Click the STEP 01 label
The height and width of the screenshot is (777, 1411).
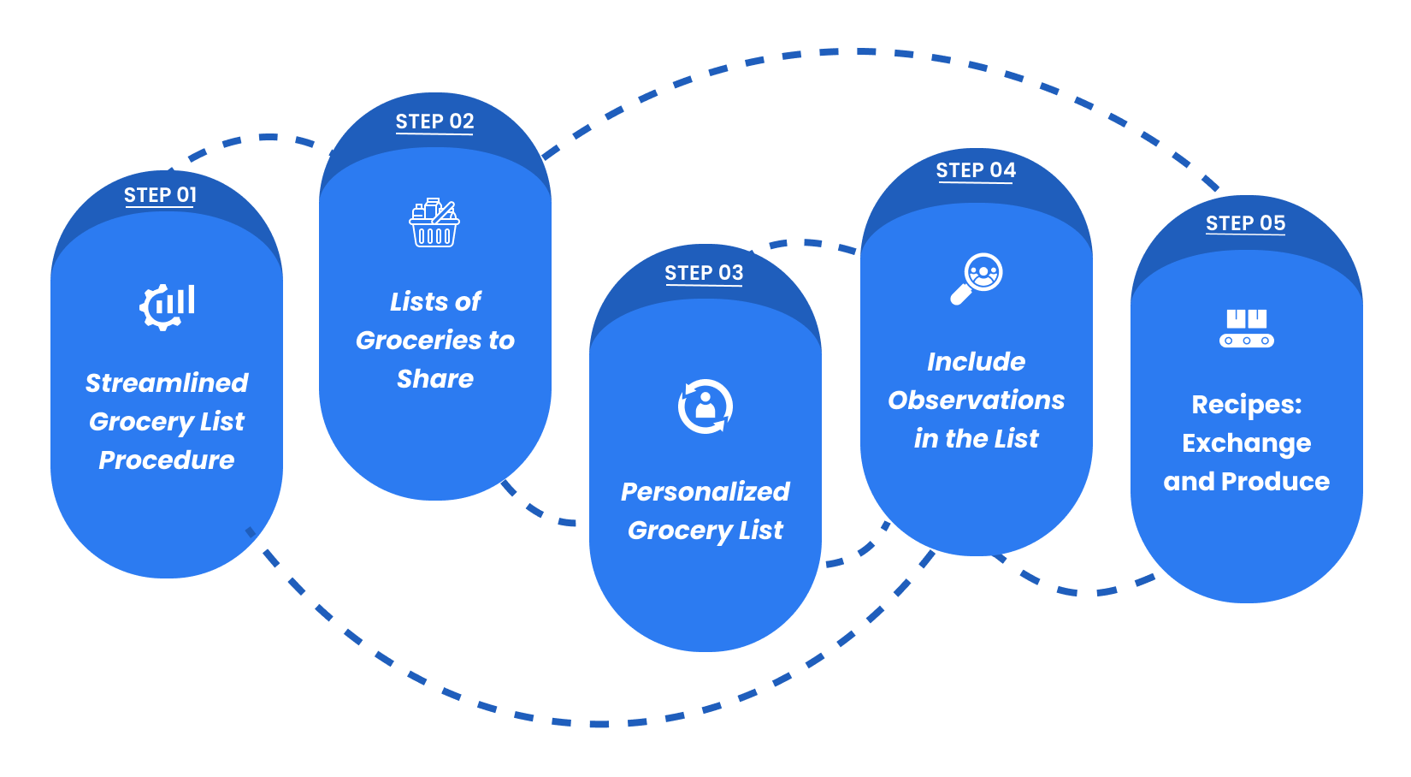point(160,195)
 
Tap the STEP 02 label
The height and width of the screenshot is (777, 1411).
point(434,122)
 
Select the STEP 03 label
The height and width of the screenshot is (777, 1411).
point(704,273)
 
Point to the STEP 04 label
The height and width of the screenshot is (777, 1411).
point(976,170)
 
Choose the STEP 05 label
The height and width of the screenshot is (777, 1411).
point(1245,223)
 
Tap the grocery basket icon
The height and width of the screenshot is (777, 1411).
point(434,222)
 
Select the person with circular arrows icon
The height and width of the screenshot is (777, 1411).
point(705,406)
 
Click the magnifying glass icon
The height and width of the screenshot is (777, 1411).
point(977,278)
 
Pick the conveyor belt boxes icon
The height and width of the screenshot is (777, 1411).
point(1246,329)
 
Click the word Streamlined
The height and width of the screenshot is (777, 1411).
point(167,383)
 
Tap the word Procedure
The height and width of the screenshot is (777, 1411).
point(167,460)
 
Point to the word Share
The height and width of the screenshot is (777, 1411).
point(435,379)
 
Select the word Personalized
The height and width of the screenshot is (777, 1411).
point(705,492)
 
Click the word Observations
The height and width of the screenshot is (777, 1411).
point(977,400)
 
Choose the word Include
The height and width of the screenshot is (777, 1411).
point(977,362)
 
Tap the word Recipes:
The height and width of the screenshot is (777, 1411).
point(1247,405)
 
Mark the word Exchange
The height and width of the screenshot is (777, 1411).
point(1247,443)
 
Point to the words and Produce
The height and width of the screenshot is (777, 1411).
point(1247,482)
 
